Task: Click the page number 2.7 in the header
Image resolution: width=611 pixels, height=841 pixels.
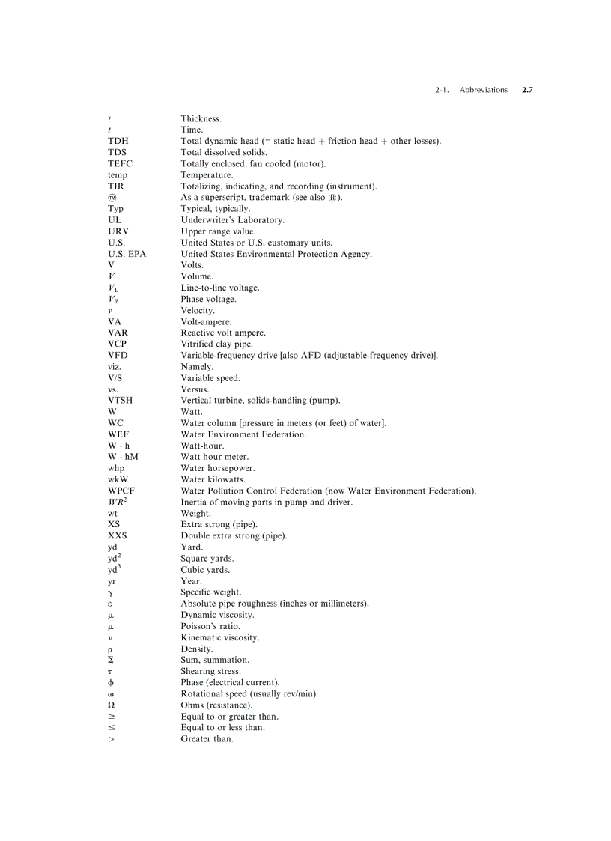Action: tap(527, 90)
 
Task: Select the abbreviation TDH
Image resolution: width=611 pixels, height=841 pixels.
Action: tap(118, 141)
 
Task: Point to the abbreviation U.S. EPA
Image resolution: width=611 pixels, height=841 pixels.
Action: tap(127, 254)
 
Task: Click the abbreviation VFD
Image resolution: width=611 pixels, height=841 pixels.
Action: tap(118, 356)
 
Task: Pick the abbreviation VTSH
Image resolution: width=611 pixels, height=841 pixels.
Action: tap(121, 401)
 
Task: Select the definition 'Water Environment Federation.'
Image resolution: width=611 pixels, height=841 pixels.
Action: tap(243, 434)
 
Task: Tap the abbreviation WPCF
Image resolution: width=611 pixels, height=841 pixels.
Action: tap(121, 491)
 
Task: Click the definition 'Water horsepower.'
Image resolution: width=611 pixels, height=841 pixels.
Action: tap(213, 468)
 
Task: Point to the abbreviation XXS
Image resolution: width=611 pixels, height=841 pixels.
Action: tap(118, 536)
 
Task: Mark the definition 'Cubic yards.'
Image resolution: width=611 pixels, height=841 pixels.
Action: tap(205, 570)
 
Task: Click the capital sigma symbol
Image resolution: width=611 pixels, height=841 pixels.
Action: tap(111, 660)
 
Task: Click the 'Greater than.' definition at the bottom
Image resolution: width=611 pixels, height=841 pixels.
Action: tap(207, 739)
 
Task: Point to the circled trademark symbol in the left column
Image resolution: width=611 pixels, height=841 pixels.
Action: tap(112, 198)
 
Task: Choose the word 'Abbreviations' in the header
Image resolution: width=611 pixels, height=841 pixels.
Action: tap(483, 90)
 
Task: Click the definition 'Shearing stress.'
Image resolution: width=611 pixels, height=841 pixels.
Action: tap(210, 672)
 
